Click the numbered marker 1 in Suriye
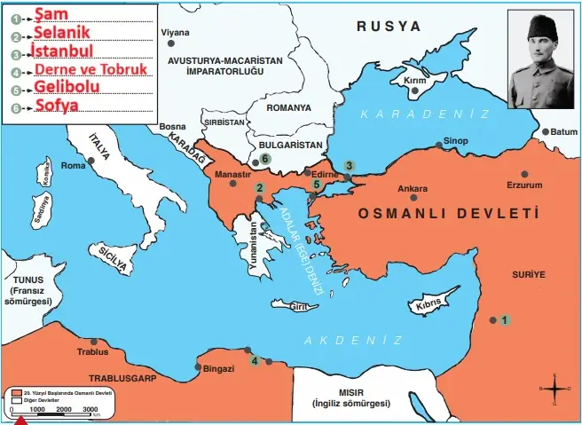pyautogui.click(x=505, y=320)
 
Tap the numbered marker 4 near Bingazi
pyautogui.click(x=255, y=360)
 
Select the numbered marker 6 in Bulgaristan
pyautogui.click(x=265, y=159)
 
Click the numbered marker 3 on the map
pyautogui.click(x=350, y=166)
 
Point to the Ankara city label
pyautogui.click(x=413, y=188)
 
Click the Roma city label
pyautogui.click(x=73, y=166)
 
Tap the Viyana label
pyautogui.click(x=175, y=33)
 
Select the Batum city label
pyautogui.click(x=563, y=132)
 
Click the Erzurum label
pyautogui.click(x=523, y=185)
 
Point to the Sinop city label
pyautogui.click(x=455, y=140)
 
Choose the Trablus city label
pyautogui.click(x=93, y=351)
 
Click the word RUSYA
pyautogui.click(x=389, y=27)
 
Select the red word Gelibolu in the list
pyautogui.click(x=67, y=86)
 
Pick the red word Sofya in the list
pyautogui.click(x=57, y=106)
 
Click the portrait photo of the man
pyautogui.click(x=540, y=59)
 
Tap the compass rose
pyautogui.click(x=554, y=389)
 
